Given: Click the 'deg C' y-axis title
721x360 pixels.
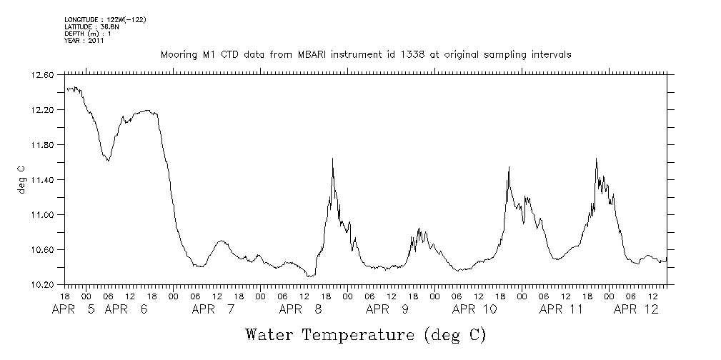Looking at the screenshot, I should tap(21, 179).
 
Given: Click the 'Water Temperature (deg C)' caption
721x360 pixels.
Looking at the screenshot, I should tap(365, 334).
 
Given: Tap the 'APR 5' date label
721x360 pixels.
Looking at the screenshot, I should tap(76, 309).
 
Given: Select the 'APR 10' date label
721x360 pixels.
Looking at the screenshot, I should tap(474, 309).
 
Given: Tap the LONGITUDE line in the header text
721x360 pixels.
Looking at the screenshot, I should tap(105, 19).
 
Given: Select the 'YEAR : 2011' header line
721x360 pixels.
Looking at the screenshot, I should tap(84, 41).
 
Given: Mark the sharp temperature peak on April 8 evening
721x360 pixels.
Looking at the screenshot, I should tap(333, 159).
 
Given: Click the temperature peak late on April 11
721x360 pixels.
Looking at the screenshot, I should tap(596, 159).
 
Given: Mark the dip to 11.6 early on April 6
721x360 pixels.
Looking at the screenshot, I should tap(108, 161).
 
